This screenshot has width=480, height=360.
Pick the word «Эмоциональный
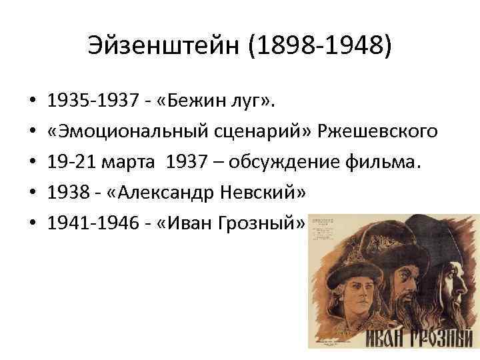click(130, 132)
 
